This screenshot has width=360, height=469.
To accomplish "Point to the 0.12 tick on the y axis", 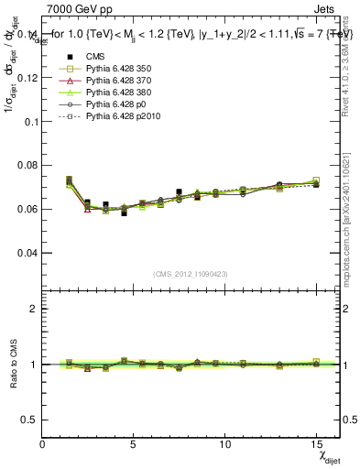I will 27,78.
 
